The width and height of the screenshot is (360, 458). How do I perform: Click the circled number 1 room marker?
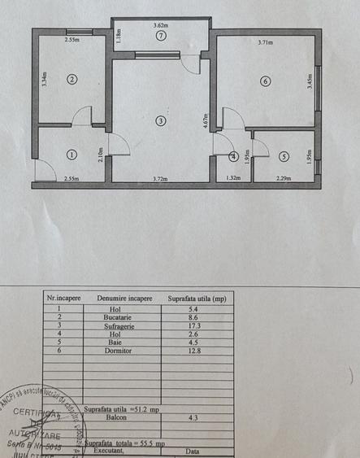[72, 153]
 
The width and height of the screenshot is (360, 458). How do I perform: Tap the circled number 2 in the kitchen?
[72, 79]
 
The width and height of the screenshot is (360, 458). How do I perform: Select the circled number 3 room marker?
[161, 121]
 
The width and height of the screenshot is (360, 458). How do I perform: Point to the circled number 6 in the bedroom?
[264, 80]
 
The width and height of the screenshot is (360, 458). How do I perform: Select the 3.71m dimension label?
[265, 42]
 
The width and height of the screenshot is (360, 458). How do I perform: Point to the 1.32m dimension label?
[233, 177]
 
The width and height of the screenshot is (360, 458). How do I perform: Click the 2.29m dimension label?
[283, 177]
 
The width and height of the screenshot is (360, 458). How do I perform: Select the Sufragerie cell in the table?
[124, 326]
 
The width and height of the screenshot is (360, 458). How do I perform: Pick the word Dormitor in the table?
[124, 351]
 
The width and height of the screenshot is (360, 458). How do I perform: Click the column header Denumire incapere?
[124, 299]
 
